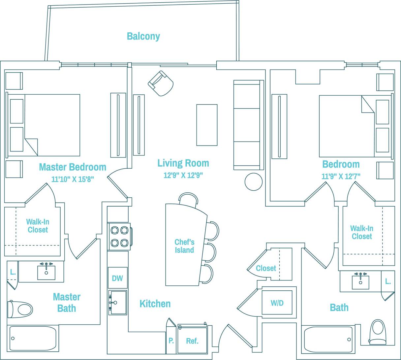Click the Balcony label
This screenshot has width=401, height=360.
[143, 36]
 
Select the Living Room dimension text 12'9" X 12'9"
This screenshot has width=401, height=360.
[183, 175]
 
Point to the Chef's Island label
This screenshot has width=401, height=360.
[184, 246]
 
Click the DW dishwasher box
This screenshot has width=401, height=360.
[117, 278]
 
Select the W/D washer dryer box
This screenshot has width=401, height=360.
[277, 303]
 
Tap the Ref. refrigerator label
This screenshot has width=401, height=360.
[192, 341]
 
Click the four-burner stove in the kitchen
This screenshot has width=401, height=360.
[119, 236]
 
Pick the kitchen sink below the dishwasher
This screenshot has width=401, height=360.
[118, 303]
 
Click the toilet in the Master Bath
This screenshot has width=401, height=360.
[21, 309]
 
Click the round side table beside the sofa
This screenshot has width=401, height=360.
[254, 182]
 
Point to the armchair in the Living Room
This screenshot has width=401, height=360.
[161, 83]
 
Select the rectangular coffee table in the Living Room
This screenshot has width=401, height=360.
[207, 125]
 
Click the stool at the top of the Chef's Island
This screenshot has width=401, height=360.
[188, 199]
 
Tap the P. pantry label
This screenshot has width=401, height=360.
[171, 341]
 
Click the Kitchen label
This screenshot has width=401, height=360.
[155, 304]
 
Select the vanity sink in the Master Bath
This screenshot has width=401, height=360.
[46, 272]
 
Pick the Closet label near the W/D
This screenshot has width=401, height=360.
[266, 268]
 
